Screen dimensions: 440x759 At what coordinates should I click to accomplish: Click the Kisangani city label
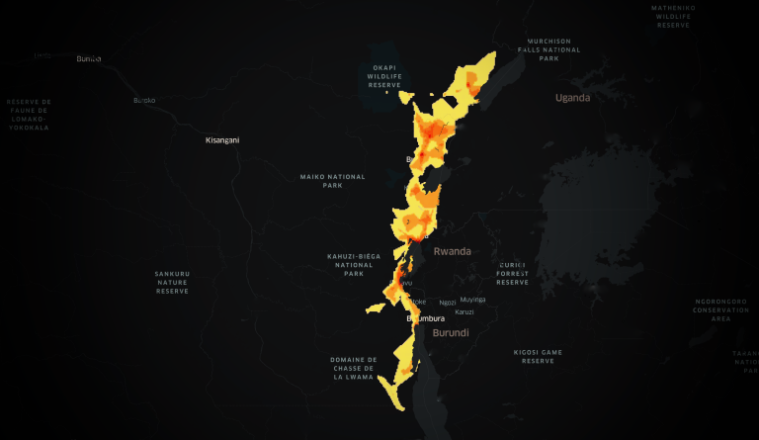point(221,140)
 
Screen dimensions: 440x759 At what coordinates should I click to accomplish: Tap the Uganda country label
point(572,98)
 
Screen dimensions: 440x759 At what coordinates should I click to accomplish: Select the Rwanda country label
point(452,251)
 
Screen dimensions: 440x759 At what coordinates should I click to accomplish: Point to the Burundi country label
point(451,333)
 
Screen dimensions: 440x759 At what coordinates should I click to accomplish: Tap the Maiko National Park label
point(332,181)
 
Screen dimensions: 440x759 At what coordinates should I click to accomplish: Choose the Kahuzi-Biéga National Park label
point(354,265)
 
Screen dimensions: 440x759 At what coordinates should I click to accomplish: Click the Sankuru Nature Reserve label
point(172,282)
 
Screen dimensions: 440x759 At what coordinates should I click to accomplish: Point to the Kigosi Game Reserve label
point(538,356)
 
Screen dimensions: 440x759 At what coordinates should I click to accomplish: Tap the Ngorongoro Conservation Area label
point(720,309)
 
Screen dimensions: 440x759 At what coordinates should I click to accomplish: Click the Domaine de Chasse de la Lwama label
point(354,368)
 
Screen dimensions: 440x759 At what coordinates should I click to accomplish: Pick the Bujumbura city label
point(426,318)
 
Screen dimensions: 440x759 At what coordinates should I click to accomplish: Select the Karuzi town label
point(464,312)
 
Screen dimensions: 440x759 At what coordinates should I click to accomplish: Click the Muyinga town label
point(473,300)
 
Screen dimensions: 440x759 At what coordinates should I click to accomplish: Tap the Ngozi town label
point(448,302)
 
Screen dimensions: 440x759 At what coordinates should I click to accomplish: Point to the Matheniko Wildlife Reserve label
point(673,16)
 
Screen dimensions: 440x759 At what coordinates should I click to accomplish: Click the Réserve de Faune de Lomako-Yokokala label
point(29,115)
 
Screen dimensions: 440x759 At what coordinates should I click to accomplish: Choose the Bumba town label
point(89,59)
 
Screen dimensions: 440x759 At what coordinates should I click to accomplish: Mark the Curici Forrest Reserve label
point(513,273)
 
